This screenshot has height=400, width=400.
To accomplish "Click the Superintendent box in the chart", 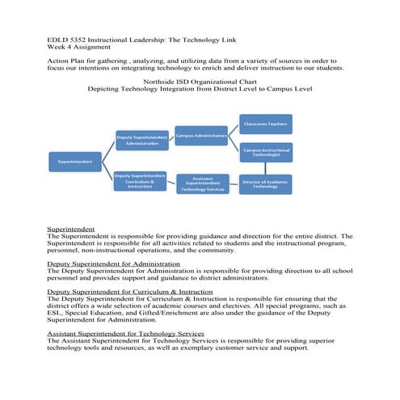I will pyautogui.click(x=74, y=162).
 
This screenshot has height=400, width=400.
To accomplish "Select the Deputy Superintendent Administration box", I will pyautogui.click(x=141, y=139).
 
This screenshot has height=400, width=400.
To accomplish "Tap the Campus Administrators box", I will pyautogui.click(x=201, y=136).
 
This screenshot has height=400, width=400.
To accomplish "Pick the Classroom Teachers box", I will pyautogui.click(x=266, y=124).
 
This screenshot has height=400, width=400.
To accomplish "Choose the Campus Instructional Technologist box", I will pyautogui.click(x=266, y=152).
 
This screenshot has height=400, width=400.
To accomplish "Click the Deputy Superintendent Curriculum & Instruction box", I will pyautogui.click(x=140, y=182).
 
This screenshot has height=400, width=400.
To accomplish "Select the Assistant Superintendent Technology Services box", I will pyautogui.click(x=202, y=184).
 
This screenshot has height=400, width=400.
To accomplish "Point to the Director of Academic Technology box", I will pyautogui.click(x=266, y=184).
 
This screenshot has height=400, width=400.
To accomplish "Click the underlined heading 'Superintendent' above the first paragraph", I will pyautogui.click(x=71, y=229).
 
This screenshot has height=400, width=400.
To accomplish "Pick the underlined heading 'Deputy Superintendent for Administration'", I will pyautogui.click(x=113, y=263).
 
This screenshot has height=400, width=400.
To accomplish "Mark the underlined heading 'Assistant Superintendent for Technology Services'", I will pyautogui.click(x=125, y=333).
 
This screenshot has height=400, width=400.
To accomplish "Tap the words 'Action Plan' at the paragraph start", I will pyautogui.click(x=68, y=61).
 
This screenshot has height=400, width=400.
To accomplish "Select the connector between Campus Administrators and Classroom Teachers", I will pyautogui.click(x=234, y=130).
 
